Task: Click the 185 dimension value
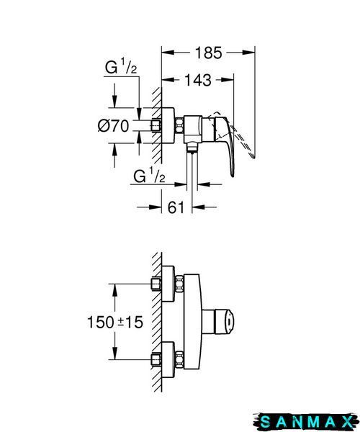click(208, 53)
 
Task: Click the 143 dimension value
click(198, 80)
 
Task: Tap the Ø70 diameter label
click(113, 126)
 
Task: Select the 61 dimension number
click(176, 207)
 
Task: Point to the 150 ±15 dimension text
click(115, 322)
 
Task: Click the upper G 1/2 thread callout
click(121, 67)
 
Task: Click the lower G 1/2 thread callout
click(149, 176)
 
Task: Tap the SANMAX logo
click(306, 422)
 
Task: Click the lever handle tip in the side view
click(233, 175)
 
